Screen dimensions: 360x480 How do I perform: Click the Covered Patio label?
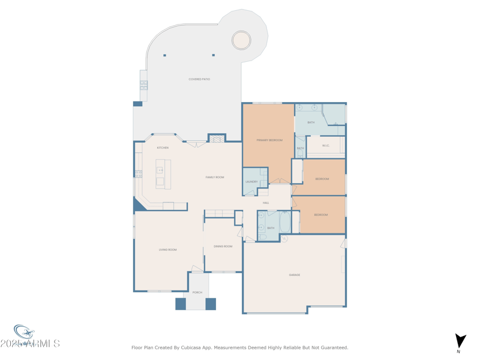point(199,79)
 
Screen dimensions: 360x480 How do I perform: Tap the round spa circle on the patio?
point(241,40)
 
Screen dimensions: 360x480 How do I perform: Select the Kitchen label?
point(163,148)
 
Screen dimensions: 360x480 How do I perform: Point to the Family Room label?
point(215,177)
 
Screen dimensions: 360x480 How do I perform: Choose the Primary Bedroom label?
point(269,140)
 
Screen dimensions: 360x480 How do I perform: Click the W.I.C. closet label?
point(326,145)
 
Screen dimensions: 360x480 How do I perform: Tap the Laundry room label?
point(251,182)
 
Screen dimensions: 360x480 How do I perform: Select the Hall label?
point(266,203)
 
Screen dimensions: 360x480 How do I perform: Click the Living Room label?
point(167,250)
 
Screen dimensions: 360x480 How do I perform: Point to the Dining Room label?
point(223,246)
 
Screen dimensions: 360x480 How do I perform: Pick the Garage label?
point(295,275)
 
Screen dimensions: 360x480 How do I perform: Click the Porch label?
point(197,292)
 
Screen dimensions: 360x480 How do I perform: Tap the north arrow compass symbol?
point(460,341)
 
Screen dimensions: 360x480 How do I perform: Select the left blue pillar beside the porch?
point(181,304)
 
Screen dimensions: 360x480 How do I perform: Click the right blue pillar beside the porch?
point(211,304)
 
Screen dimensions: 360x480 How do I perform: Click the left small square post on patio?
point(164,55)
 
